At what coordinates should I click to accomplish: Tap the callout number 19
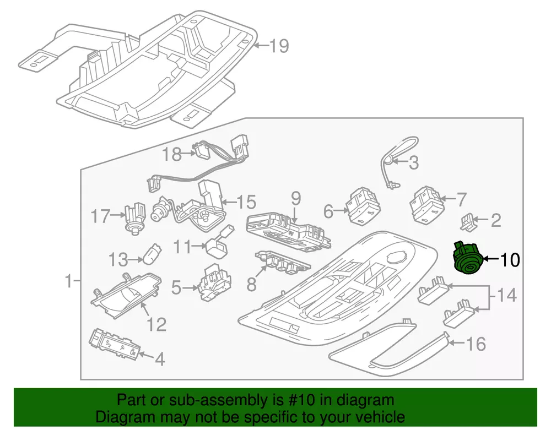pyautogui.click(x=279, y=45)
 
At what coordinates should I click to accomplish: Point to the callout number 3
pyautogui.click(x=414, y=162)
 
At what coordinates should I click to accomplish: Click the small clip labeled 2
pyautogui.click(x=467, y=221)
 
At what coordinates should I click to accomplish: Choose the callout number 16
pyautogui.click(x=477, y=345)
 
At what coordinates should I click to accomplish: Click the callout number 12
pyautogui.click(x=156, y=324)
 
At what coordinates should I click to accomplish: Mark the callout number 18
pyautogui.click(x=172, y=155)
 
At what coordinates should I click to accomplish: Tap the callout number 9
pyautogui.click(x=295, y=198)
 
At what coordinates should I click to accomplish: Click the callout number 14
pyautogui.click(x=506, y=295)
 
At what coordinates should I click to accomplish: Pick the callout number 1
pyautogui.click(x=68, y=282)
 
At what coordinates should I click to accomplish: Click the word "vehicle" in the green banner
pyautogui.click(x=378, y=417)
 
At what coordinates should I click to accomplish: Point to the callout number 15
pyautogui.click(x=246, y=202)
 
